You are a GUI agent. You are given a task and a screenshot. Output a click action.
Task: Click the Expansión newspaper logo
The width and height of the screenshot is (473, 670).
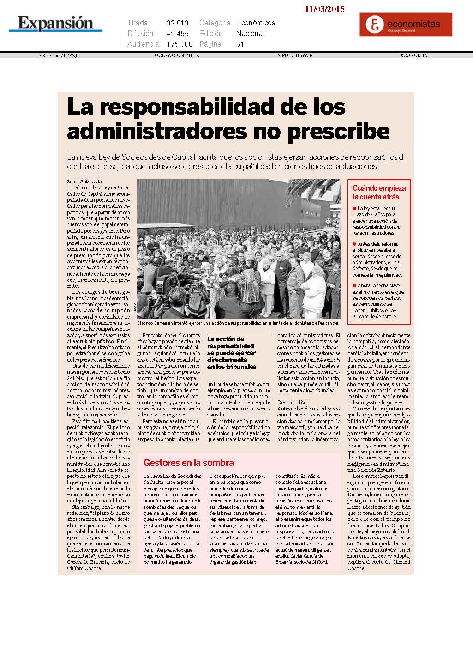[56, 23]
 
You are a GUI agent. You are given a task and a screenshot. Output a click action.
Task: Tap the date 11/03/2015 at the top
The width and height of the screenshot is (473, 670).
[324, 9]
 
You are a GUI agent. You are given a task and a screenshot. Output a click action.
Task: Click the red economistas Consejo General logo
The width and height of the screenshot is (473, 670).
[406, 24]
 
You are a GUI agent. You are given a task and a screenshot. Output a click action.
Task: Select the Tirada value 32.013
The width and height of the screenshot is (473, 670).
[178, 23]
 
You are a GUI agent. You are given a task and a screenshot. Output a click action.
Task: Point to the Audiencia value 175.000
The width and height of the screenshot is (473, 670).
[180, 44]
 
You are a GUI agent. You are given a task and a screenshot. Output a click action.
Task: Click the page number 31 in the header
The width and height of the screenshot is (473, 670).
[240, 44]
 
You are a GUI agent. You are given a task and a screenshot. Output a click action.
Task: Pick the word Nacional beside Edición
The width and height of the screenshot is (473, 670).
[250, 33]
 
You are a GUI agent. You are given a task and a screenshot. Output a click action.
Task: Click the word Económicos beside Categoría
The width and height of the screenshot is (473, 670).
[256, 23]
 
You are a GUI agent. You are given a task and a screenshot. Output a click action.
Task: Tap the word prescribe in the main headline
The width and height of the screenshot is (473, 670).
[338, 131]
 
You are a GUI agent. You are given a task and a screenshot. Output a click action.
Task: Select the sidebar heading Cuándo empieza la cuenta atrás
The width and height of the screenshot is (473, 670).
[379, 193]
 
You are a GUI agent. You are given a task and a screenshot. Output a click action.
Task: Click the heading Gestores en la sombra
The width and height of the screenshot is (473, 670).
[188, 463]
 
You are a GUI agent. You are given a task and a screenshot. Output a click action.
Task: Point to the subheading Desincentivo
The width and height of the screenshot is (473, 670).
[293, 403]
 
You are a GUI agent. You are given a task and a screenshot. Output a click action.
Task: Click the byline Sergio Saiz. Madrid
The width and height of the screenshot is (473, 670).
[85, 182]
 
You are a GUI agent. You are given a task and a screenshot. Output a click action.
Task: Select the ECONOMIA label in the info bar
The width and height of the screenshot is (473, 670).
[413, 55]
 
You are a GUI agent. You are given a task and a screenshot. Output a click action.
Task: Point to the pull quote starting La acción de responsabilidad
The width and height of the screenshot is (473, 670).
[232, 353]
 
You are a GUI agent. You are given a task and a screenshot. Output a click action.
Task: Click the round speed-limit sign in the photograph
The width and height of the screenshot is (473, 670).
[328, 221]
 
